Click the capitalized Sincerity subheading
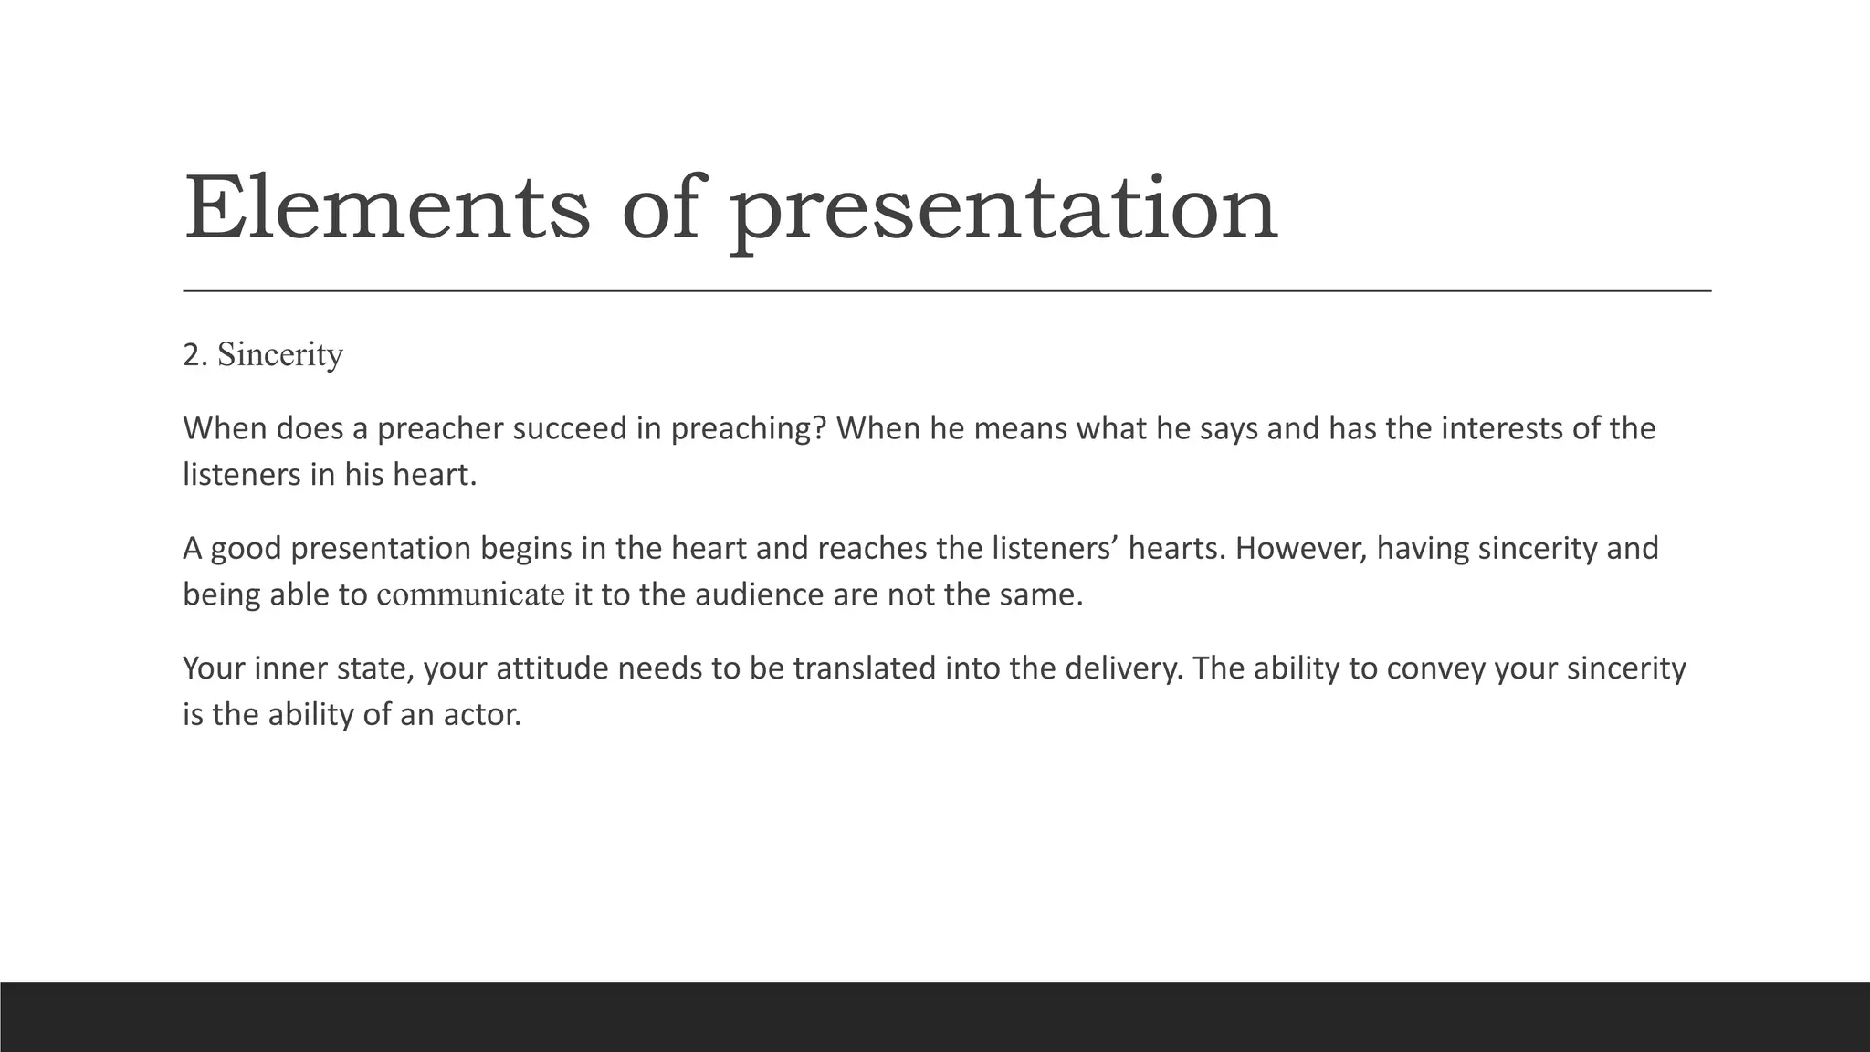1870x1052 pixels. tap(280, 355)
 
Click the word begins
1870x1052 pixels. tap(525, 549)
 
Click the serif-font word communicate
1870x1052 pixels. tap(470, 595)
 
